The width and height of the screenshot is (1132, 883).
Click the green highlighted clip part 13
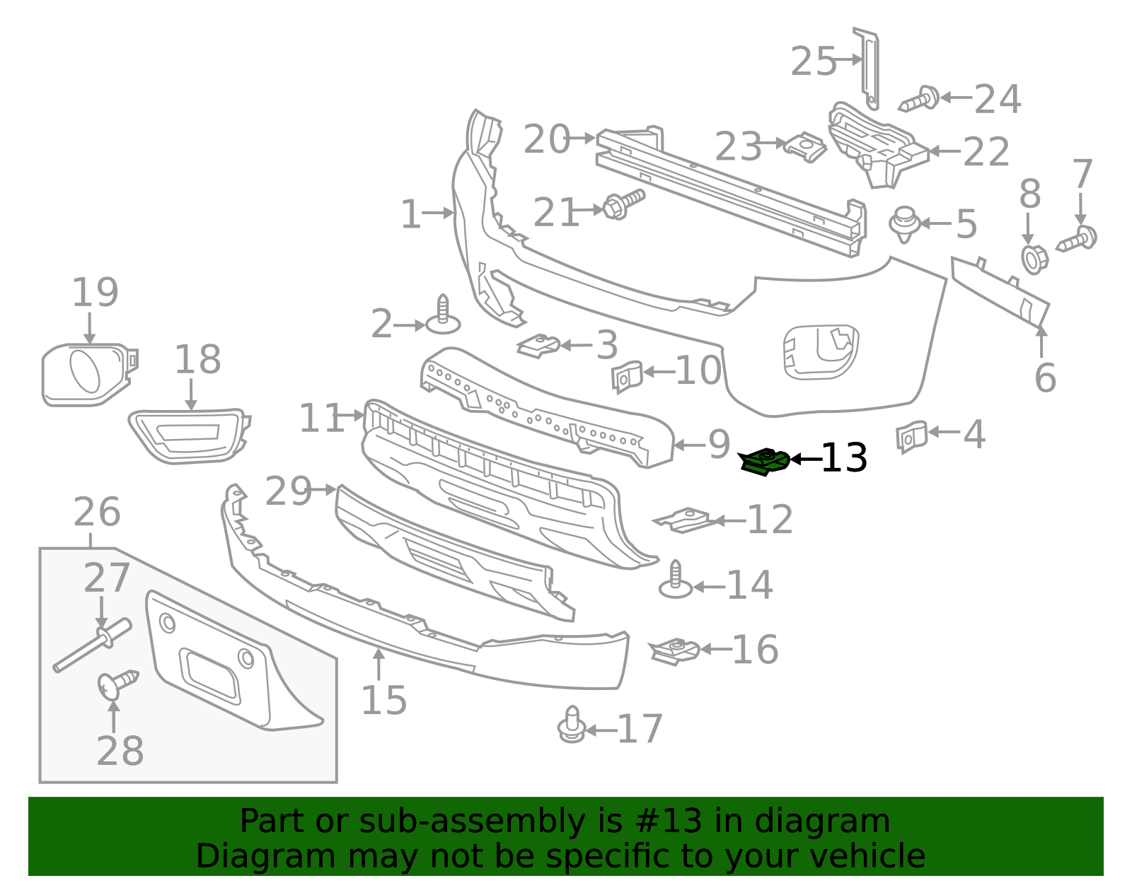[764, 462]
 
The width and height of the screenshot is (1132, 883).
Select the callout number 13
[843, 458]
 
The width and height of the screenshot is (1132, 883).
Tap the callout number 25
[813, 62]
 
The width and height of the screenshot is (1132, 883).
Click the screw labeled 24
[920, 99]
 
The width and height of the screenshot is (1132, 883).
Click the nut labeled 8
[1034, 259]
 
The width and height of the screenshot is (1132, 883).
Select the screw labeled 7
[1078, 239]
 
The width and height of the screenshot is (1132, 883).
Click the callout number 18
[197, 360]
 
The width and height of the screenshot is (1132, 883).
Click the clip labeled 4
[911, 435]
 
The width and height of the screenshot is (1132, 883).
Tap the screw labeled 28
[117, 684]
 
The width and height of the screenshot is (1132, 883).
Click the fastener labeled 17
[572, 725]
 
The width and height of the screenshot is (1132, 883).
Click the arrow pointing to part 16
[715, 648]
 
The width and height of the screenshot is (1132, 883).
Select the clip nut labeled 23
[805, 147]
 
